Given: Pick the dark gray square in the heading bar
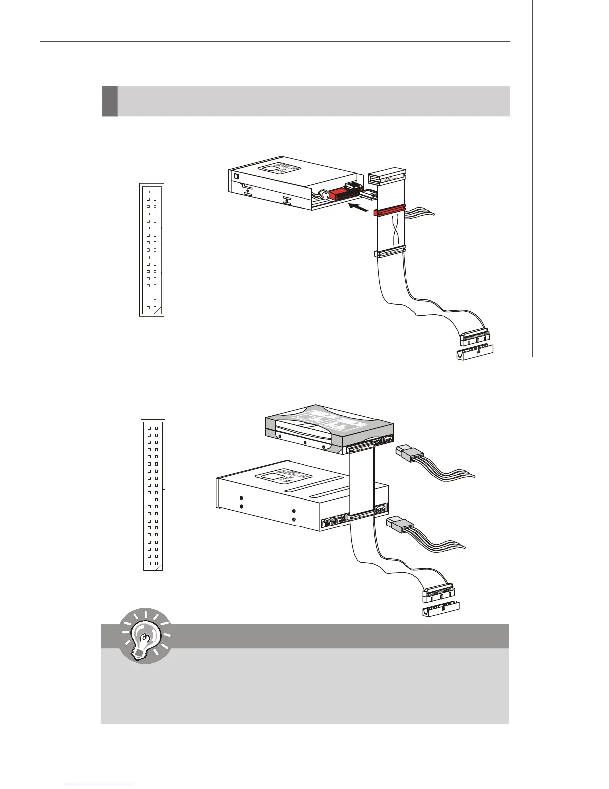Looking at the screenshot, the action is (110, 101).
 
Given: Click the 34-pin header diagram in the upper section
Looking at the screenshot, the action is (152, 250).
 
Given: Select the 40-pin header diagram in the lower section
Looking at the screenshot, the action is (153, 496).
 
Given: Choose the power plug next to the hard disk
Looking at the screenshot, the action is (409, 454).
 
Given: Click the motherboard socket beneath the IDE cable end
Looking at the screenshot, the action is (441, 610).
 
